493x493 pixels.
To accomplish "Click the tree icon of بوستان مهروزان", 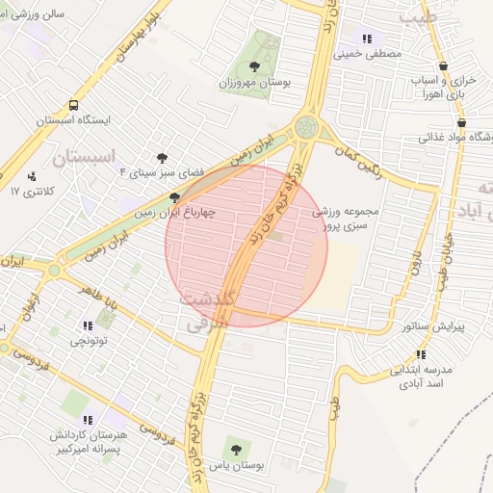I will pyautogui.click(x=254, y=66).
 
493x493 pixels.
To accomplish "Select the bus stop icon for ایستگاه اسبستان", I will pyautogui.click(x=73, y=105).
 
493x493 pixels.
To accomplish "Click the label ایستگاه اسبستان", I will pyautogui.click(x=74, y=121).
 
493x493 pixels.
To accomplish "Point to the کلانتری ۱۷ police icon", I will pyautogui.click(x=34, y=176).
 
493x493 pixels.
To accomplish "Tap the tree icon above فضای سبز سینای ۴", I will pyautogui.click(x=162, y=157).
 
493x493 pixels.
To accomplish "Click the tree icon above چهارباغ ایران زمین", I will pyautogui.click(x=174, y=196).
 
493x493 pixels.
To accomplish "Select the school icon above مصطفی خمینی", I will pyautogui.click(x=366, y=39).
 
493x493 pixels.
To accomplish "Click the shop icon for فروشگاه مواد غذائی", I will pyautogui.click(x=463, y=122).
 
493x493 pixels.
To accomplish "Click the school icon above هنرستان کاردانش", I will pyautogui.click(x=89, y=419).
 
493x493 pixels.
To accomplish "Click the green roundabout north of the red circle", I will pyautogui.click(x=307, y=126).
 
